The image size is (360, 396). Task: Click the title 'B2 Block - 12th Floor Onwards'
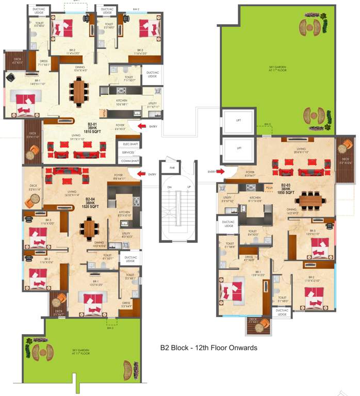209,348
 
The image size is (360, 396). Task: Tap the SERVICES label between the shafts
128,153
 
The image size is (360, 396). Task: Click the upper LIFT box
239,120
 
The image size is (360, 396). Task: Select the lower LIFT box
239,148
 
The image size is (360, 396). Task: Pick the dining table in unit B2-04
90,227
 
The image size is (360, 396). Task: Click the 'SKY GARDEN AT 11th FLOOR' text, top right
277,69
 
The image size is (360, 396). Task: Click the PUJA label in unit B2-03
269,189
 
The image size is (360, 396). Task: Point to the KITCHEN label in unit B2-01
122,102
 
